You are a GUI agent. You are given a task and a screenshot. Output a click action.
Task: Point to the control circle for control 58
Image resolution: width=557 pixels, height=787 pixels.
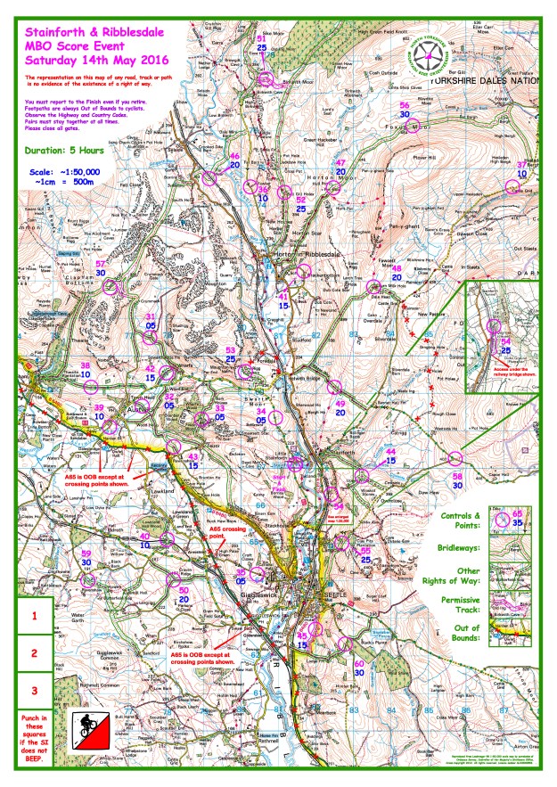(x=455, y=459)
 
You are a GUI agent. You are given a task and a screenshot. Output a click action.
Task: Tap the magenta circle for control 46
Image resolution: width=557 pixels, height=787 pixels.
(x=209, y=176)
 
